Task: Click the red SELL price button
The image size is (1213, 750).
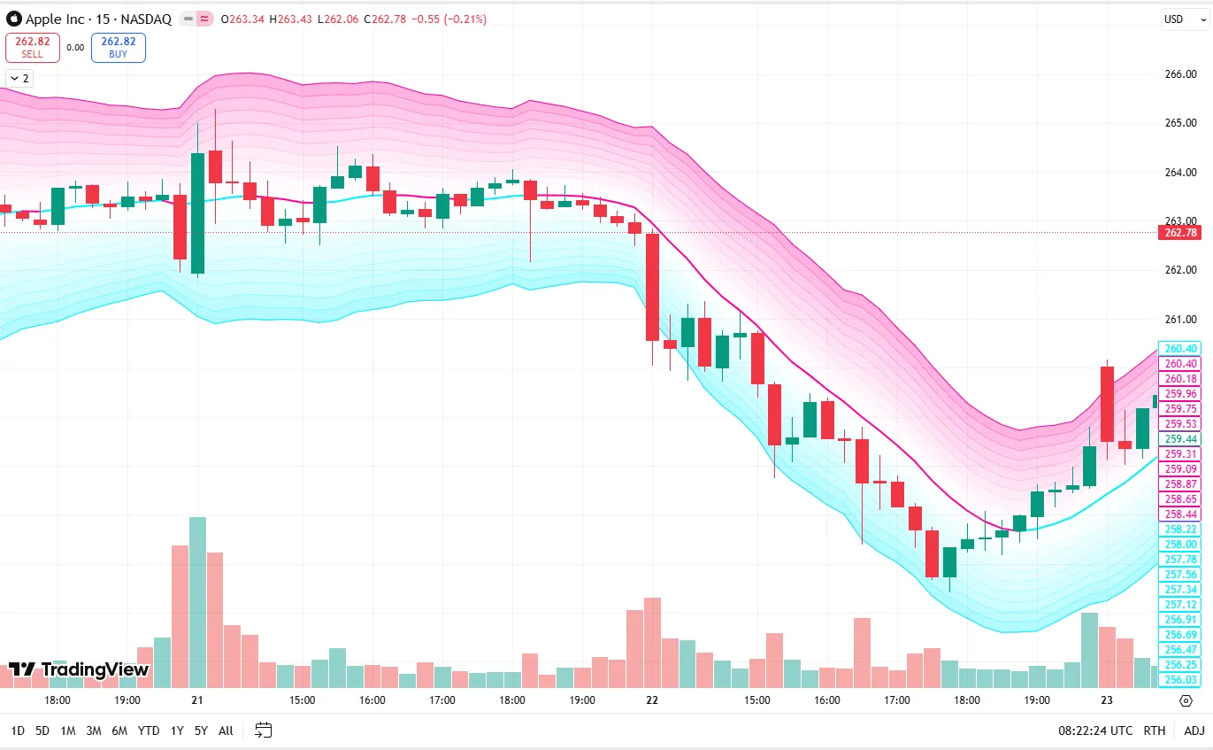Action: pos(33,47)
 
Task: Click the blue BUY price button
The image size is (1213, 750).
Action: pos(119,47)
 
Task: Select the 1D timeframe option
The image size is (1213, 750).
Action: pos(18,731)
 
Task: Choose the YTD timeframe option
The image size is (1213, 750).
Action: pos(149,731)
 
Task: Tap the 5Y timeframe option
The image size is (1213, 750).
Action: pos(201,731)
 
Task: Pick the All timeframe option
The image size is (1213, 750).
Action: pos(226,731)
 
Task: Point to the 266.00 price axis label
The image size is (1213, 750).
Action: pos(1180,74)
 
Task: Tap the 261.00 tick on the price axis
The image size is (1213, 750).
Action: pos(1180,320)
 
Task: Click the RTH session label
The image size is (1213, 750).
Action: pos(1154,731)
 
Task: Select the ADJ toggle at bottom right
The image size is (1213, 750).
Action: pos(1194,731)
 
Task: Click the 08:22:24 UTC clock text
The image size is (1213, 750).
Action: pos(1095,731)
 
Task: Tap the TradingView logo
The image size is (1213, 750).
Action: pos(79,669)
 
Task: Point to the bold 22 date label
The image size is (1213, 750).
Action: pos(652,700)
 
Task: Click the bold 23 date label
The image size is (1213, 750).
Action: pos(1106,700)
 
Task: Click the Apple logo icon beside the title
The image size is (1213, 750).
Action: pos(13,19)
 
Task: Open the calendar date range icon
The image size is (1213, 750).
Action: pos(263,731)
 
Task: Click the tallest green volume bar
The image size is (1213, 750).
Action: pos(197,602)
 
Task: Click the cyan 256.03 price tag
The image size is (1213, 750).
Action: pos(1181,680)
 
